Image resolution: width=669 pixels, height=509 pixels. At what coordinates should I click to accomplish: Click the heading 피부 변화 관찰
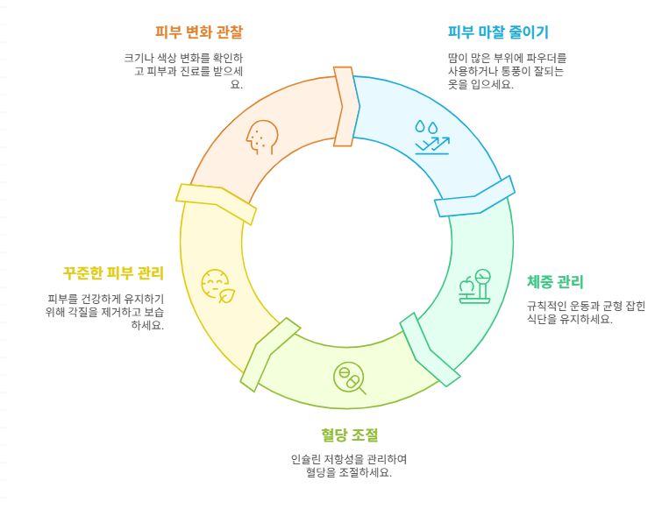[x=198, y=32]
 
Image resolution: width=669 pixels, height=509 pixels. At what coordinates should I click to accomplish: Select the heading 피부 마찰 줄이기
[x=497, y=32]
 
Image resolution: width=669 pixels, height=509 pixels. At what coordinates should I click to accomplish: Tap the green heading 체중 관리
[x=555, y=281]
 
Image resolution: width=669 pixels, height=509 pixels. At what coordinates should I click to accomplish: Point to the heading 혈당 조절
[x=349, y=435]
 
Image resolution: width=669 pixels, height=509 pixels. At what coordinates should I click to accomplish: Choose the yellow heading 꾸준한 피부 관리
[x=113, y=272]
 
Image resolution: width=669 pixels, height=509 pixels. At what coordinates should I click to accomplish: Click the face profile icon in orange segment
[x=261, y=137]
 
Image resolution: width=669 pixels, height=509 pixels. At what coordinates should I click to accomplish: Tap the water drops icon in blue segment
[x=431, y=138]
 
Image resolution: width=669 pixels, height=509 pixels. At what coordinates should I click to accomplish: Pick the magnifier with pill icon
[x=349, y=378]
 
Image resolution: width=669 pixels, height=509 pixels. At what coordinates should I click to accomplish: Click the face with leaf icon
[x=217, y=286]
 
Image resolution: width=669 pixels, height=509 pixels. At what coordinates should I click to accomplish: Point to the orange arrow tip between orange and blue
[x=345, y=106]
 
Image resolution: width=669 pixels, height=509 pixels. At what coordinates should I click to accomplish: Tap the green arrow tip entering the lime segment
[x=430, y=350]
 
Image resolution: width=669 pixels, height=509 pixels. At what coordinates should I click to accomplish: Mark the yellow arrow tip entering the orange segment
[x=216, y=202]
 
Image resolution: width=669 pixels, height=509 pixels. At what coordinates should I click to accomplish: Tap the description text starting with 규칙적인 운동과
[x=585, y=312]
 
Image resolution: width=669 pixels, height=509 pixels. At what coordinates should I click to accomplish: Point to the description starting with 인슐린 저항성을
[x=349, y=465]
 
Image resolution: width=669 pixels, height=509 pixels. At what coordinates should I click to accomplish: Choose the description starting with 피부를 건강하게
[x=105, y=312]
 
